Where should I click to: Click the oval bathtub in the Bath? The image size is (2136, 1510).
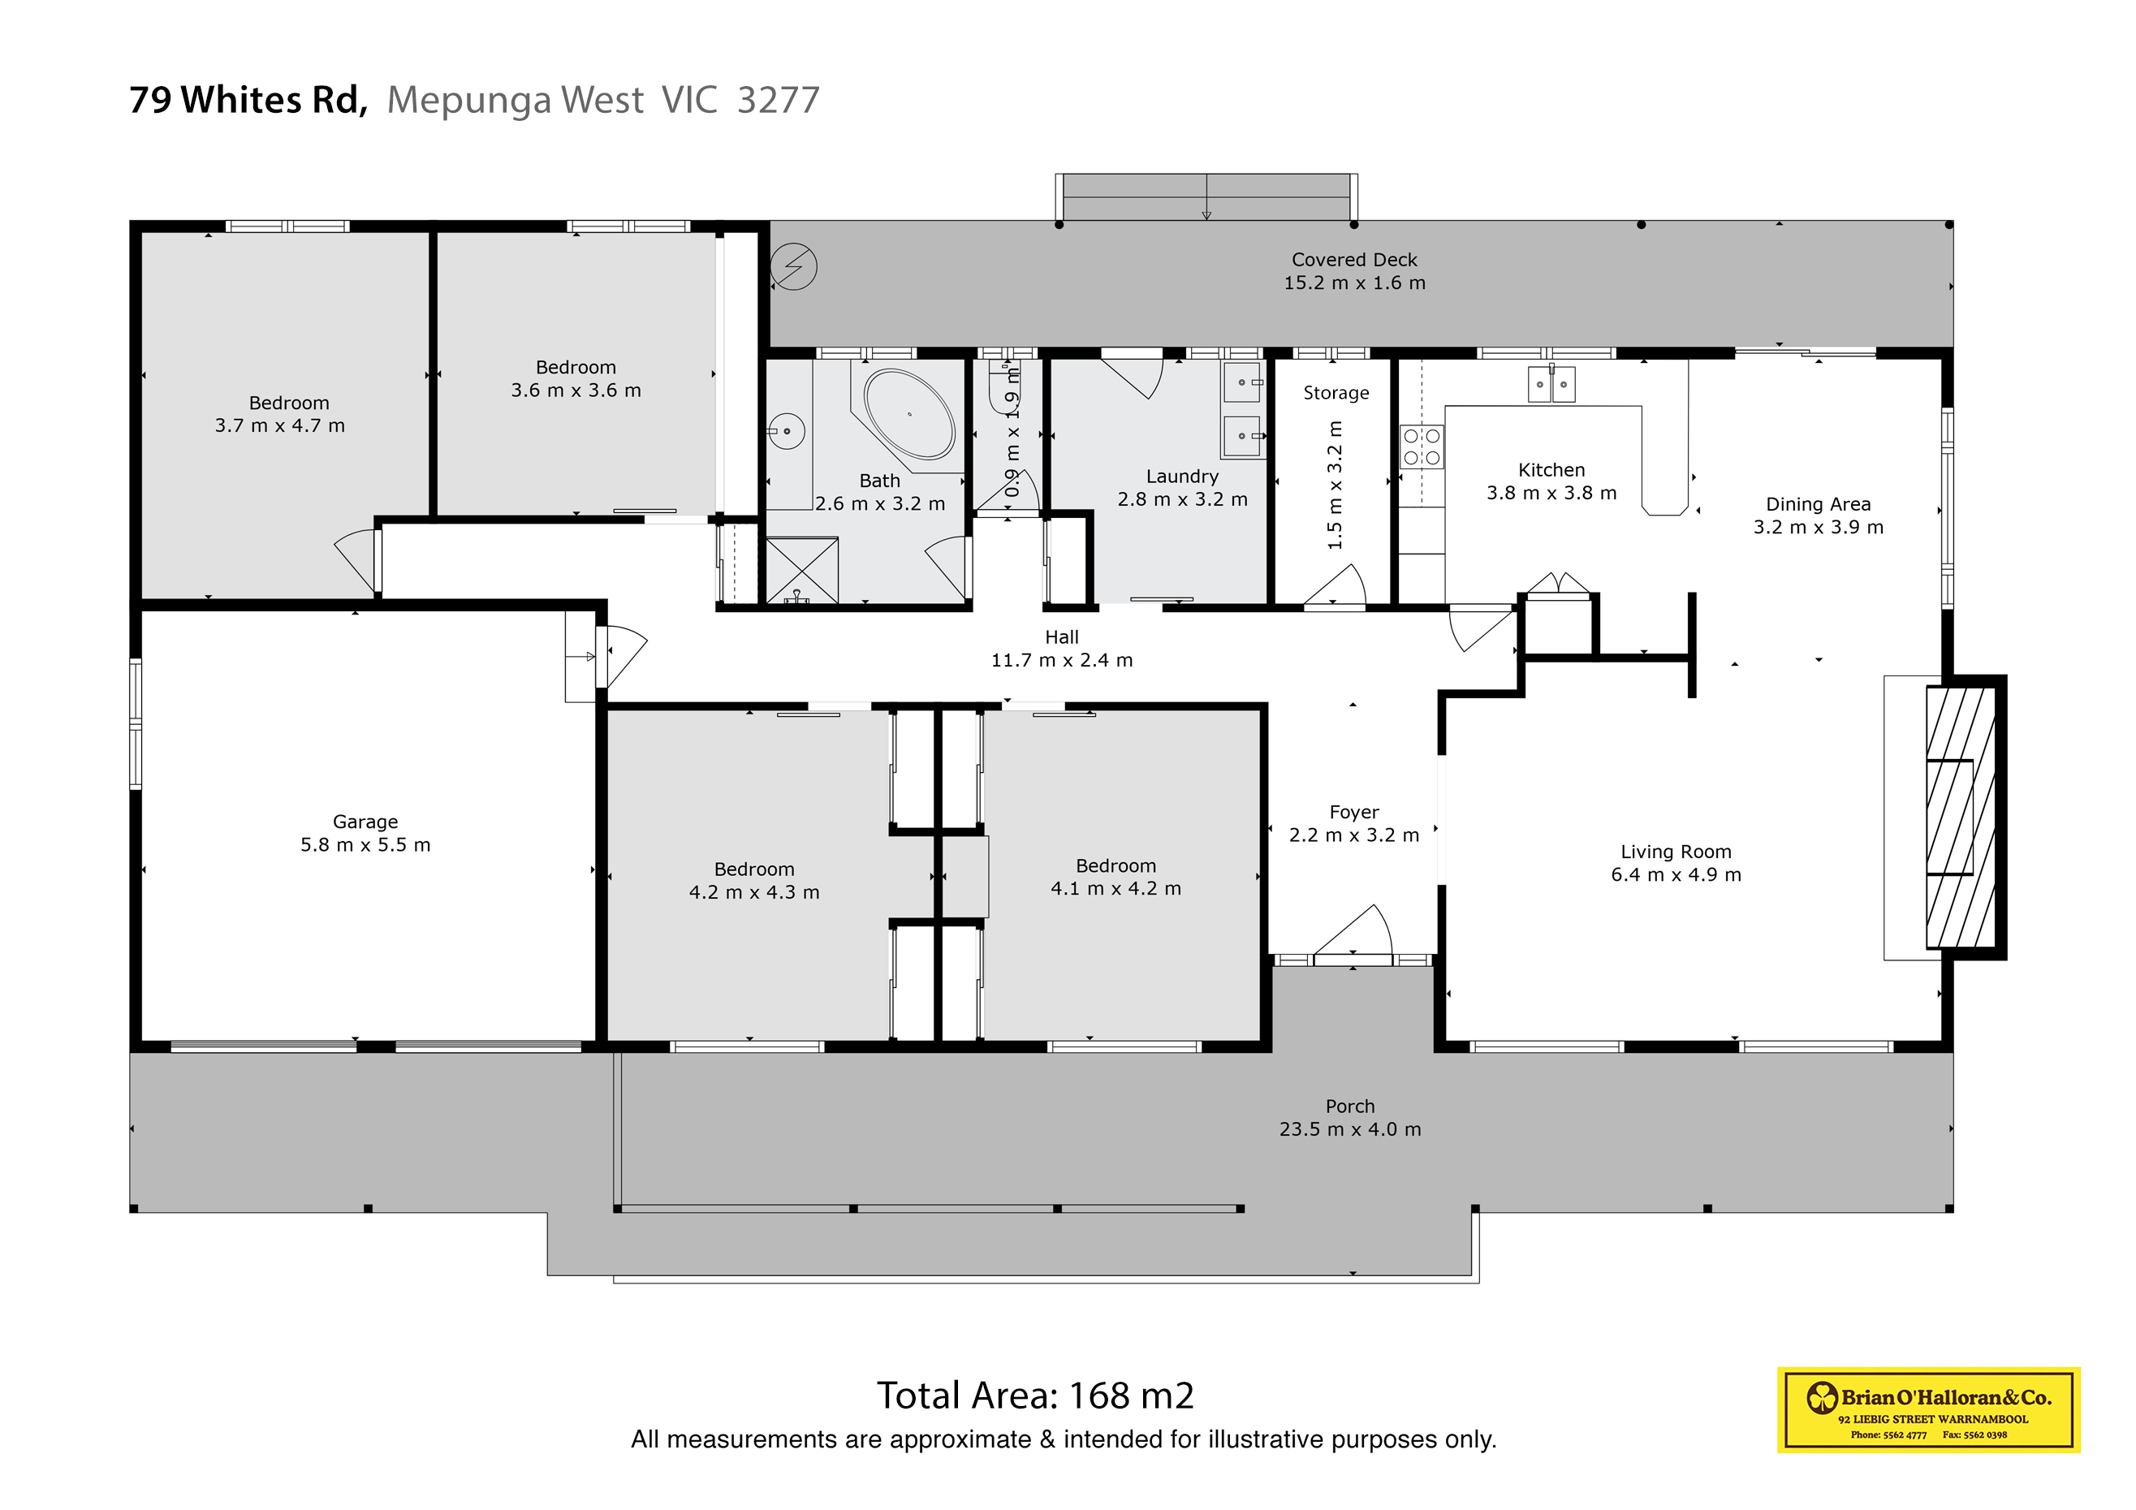pyautogui.click(x=909, y=414)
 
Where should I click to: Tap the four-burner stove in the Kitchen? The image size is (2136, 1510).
pyautogui.click(x=1422, y=447)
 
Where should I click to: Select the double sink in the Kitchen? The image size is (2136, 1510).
pyautogui.click(x=1551, y=384)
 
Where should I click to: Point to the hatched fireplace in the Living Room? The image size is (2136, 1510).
pyautogui.click(x=1960, y=817)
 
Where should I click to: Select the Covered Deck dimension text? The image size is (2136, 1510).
pyautogui.click(x=1353, y=283)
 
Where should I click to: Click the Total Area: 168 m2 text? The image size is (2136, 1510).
pyautogui.click(x=1034, y=1395)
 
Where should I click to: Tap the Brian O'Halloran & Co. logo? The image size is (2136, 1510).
pyautogui.click(x=1927, y=1409)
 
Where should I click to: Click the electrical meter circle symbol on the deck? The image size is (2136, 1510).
pyautogui.click(x=793, y=267)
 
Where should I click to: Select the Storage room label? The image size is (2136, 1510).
pyautogui.click(x=1336, y=393)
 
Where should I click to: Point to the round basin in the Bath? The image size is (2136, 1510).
pyautogui.click(x=787, y=431)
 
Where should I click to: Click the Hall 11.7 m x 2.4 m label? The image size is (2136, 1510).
pyautogui.click(x=1061, y=649)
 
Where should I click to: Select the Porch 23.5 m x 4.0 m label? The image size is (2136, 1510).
pyautogui.click(x=1349, y=1117)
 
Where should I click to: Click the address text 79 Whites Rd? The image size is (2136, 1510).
pyautogui.click(x=248, y=100)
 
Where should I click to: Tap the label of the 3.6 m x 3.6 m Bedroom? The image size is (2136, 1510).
pyautogui.click(x=575, y=378)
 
